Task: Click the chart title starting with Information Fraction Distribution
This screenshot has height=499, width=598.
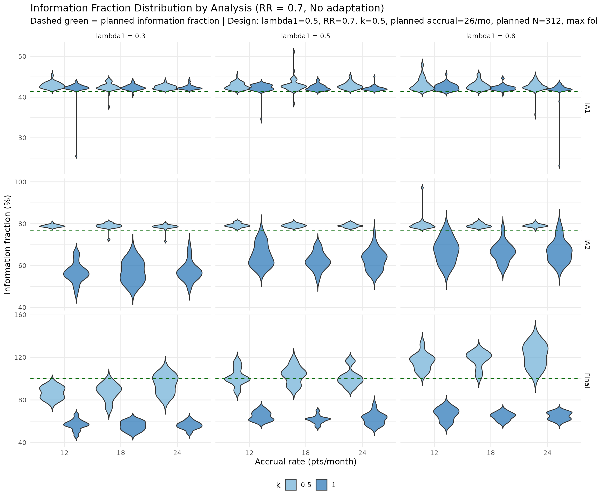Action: coord(207,8)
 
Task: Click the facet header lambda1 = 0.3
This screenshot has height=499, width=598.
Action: coord(121,36)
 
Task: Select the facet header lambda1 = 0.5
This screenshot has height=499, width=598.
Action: coord(305,36)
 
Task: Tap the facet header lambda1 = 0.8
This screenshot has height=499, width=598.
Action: coord(491,36)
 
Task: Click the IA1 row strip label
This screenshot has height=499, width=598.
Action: coord(587,108)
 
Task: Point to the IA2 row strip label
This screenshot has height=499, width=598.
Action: coord(587,244)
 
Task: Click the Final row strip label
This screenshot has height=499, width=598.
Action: coord(587,380)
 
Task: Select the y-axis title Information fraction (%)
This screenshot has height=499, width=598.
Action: coord(8,244)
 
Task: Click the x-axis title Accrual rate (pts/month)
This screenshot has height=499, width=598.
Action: coord(305,462)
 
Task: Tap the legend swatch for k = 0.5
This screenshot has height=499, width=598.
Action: coord(291,485)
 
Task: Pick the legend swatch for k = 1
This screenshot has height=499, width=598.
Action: coord(322,485)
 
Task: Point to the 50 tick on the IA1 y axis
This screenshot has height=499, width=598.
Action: coord(22,56)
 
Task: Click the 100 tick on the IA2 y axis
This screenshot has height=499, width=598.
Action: coord(20,182)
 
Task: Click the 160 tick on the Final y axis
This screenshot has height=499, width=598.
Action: coord(20,315)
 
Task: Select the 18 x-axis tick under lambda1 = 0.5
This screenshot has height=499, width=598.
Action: coord(305,452)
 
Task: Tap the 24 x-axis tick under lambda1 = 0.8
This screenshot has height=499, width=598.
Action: coord(547,452)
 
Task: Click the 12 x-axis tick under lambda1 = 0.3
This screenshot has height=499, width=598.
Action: coord(64,452)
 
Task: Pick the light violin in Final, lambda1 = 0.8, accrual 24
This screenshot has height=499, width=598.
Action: coord(535,356)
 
